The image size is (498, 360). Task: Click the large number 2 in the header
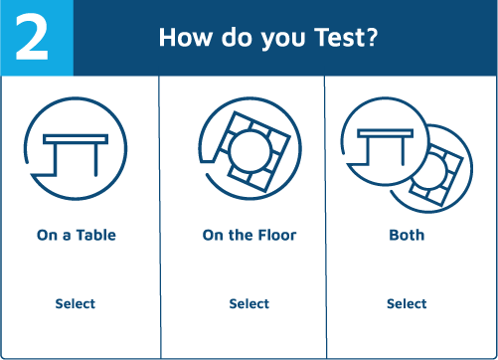(32, 37)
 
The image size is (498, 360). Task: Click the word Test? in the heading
(346, 37)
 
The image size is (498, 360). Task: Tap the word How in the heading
(185, 37)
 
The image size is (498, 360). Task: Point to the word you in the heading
(283, 40)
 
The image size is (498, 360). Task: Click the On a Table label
(77, 235)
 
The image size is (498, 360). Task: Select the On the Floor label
(249, 235)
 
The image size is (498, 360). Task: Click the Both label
(407, 235)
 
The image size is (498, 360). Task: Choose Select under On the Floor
(249, 303)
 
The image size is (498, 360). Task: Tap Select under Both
(407, 303)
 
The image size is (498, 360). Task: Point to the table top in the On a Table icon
(76, 139)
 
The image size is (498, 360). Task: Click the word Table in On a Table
(96, 235)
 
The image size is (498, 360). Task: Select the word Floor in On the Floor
(277, 235)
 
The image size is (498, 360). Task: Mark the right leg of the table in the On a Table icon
(96, 160)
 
